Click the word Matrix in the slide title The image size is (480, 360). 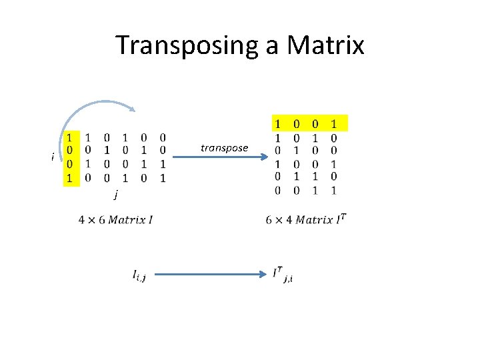click(x=326, y=45)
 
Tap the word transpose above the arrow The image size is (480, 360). click(x=224, y=148)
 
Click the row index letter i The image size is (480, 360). click(x=53, y=157)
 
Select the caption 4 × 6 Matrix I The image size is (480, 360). click(x=115, y=219)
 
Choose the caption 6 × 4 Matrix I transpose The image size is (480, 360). click(x=306, y=219)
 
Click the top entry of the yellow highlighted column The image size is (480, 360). click(x=69, y=137)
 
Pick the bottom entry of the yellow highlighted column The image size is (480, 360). click(x=69, y=178)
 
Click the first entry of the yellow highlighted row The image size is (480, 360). click(x=278, y=123)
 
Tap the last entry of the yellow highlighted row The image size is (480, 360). click(x=333, y=123)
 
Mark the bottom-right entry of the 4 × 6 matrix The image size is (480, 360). click(x=163, y=178)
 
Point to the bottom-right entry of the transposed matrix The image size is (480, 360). click(x=333, y=190)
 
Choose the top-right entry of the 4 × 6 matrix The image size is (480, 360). click(x=163, y=137)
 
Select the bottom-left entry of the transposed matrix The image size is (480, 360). click(x=278, y=190)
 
